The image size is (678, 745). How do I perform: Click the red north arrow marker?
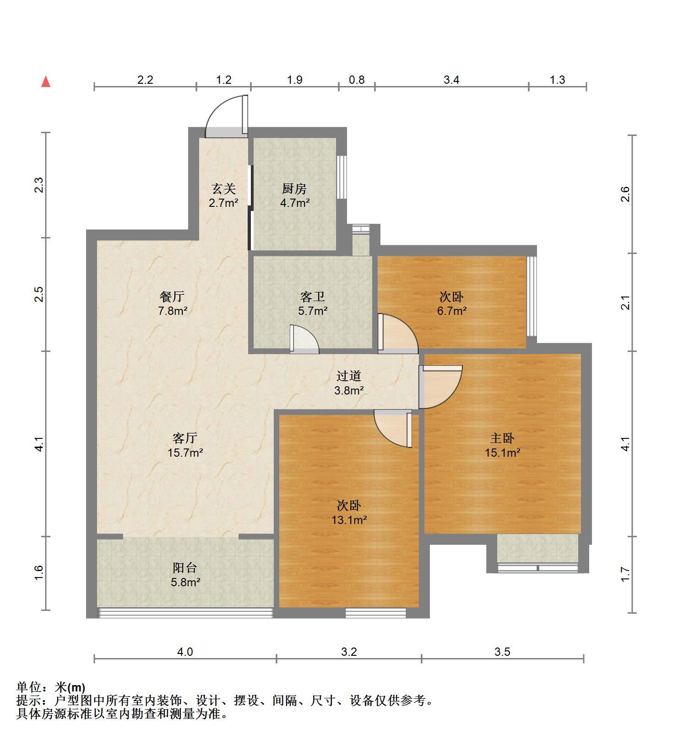[46, 82]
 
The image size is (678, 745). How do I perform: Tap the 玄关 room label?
[223, 189]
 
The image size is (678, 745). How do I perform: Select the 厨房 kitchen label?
[294, 189]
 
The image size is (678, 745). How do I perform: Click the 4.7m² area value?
[295, 203]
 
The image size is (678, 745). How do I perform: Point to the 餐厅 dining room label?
[172, 297]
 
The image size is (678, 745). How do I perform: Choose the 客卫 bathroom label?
[313, 297]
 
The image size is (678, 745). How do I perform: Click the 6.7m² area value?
[452, 311]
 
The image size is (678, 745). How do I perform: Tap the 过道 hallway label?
[349, 376]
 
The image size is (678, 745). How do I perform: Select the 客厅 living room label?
[185, 438]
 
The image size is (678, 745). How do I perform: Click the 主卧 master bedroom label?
[502, 438]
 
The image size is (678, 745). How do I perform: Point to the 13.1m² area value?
[349, 520]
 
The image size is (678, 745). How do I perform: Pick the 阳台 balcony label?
[185, 568]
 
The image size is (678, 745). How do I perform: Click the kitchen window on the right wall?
[342, 177]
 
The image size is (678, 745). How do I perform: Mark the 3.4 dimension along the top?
[451, 80]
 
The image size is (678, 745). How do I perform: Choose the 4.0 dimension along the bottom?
[185, 652]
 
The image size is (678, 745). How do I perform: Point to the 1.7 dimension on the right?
[626, 575]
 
